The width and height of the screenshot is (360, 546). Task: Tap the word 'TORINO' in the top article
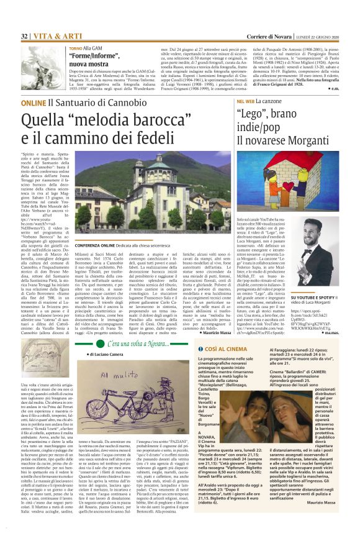point(76,48)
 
